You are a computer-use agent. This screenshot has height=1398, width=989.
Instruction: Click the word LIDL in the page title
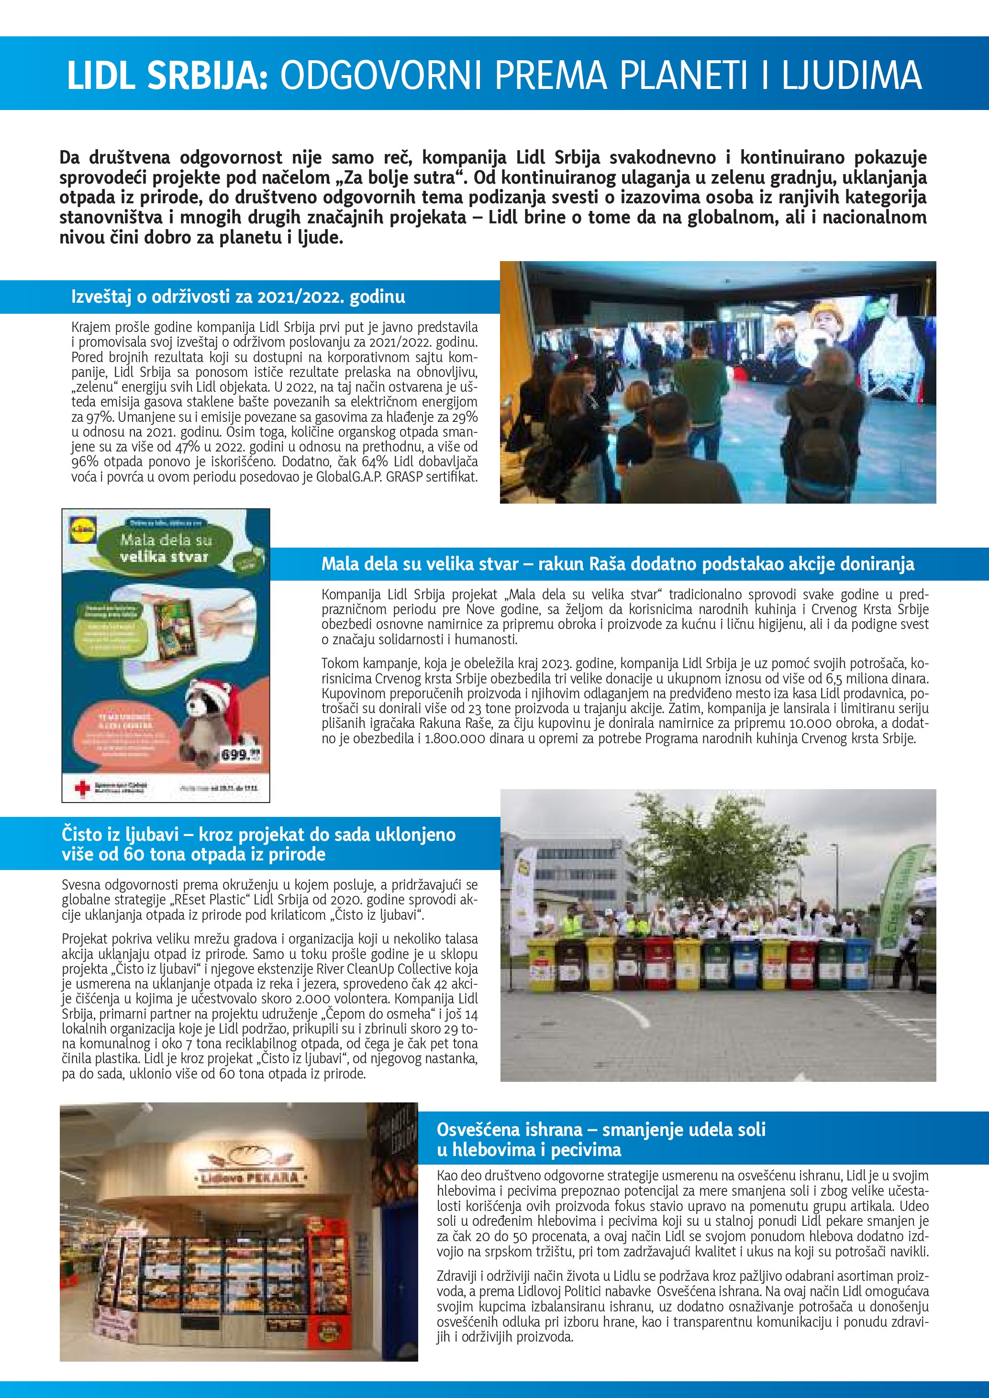[x=102, y=76]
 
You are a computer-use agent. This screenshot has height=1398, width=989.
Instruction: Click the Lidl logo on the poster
[x=82, y=531]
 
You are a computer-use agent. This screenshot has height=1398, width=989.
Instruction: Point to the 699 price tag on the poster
[x=239, y=755]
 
